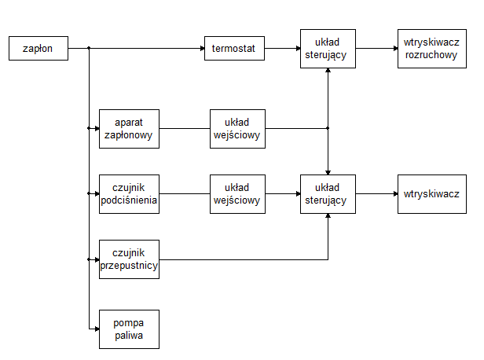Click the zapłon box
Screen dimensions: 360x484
pyautogui.click(x=38, y=49)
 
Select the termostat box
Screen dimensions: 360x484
pyautogui.click(x=234, y=49)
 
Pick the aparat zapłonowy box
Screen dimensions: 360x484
pyautogui.click(x=129, y=128)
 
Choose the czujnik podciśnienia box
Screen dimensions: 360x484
pyautogui.click(x=129, y=193)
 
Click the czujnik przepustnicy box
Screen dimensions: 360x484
pyautogui.click(x=129, y=259)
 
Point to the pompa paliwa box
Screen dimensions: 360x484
pyautogui.click(x=129, y=329)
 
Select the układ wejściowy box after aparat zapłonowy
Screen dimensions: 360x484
pyautogui.click(x=237, y=128)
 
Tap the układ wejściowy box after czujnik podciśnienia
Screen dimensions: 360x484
pyautogui.click(x=237, y=193)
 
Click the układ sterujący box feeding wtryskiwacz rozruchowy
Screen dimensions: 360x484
pyautogui.click(x=328, y=49)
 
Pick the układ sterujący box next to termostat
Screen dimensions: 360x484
pyautogui.click(x=328, y=49)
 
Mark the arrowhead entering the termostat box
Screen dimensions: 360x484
pyautogui.click(x=200, y=49)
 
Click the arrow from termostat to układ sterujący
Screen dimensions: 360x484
pyautogui.click(x=282, y=49)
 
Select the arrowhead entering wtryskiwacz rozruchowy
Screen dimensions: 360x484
pyautogui.click(x=394, y=49)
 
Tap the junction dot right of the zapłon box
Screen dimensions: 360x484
pyautogui.click(x=89, y=49)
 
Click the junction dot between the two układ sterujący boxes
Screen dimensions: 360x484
pyautogui.click(x=328, y=128)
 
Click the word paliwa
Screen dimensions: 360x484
pyautogui.click(x=129, y=336)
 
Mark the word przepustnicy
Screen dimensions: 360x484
pyautogui.click(x=129, y=266)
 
